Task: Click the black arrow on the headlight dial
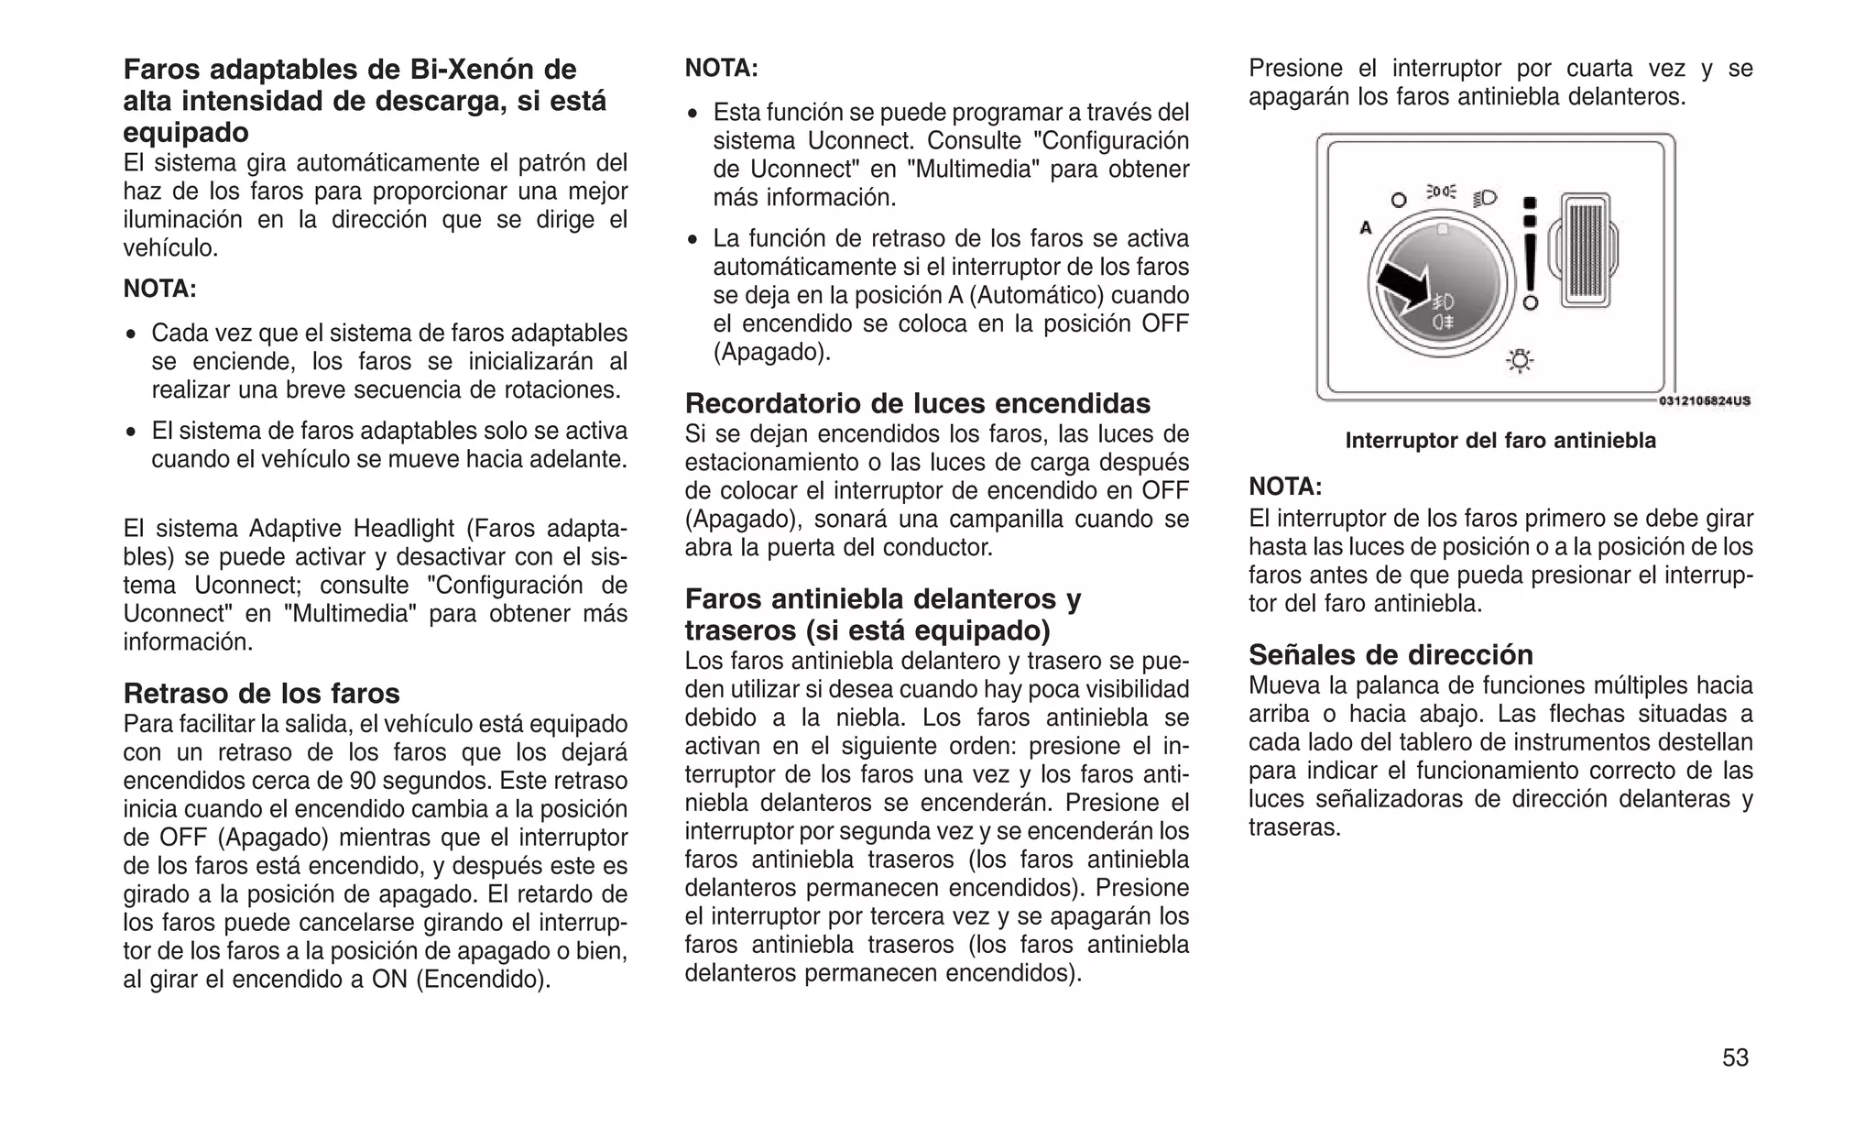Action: pos(1402,285)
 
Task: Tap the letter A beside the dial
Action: pos(1365,228)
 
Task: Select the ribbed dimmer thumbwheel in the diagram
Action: pos(1585,250)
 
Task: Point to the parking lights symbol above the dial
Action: pos(1441,192)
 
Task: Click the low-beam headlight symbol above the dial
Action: pos(1485,197)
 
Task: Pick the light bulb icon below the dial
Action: pos(1520,361)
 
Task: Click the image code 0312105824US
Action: pos(1705,400)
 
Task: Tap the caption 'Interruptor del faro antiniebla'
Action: pos(1500,441)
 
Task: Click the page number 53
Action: pos(1735,1058)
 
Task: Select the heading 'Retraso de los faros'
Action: pos(262,693)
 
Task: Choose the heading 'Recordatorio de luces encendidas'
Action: pos(918,403)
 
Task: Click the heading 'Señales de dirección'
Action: pos(1391,654)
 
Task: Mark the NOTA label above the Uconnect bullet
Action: pos(722,69)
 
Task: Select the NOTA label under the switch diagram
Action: pos(1285,487)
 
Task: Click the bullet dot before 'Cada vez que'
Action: pos(132,334)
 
